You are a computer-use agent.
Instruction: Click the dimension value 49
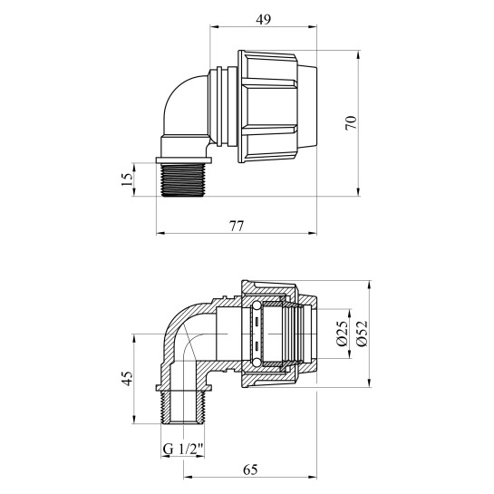(x=263, y=20)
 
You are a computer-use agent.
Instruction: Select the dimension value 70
(x=352, y=122)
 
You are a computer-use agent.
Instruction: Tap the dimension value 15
(x=128, y=179)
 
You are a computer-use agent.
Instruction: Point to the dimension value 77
(x=237, y=227)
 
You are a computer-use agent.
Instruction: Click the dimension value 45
(x=128, y=378)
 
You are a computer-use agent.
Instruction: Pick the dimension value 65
(x=250, y=470)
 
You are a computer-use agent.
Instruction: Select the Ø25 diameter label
(x=343, y=334)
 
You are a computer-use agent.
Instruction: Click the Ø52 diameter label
(x=362, y=334)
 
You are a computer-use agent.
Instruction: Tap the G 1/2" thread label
(x=183, y=448)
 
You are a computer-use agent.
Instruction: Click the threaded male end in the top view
(x=182, y=179)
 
